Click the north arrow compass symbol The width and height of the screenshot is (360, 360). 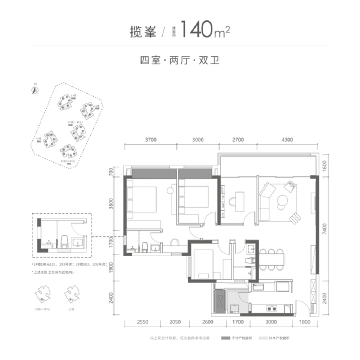click(34, 89)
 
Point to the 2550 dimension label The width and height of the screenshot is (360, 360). click(143, 323)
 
